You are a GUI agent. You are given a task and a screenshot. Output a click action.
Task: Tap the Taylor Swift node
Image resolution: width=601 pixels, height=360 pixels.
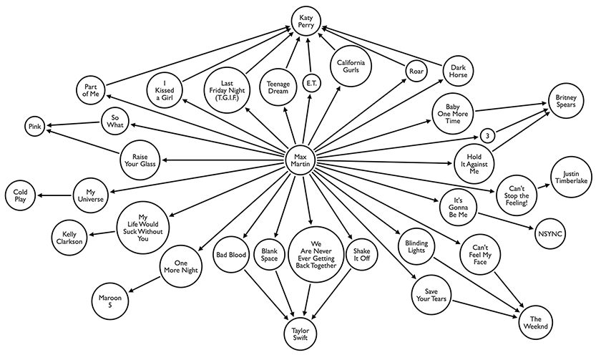pyautogui.click(x=300, y=332)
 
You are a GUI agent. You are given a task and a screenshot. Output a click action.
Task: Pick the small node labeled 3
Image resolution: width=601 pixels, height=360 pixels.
pyautogui.click(x=487, y=135)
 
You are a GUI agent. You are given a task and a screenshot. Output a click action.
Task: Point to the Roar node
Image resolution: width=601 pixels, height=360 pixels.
pyautogui.click(x=416, y=71)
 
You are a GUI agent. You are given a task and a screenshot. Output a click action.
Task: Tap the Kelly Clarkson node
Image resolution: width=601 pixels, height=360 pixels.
pyautogui.click(x=69, y=237)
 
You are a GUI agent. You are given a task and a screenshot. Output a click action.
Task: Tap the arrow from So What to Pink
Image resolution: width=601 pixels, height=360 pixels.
pyautogui.click(x=74, y=125)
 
